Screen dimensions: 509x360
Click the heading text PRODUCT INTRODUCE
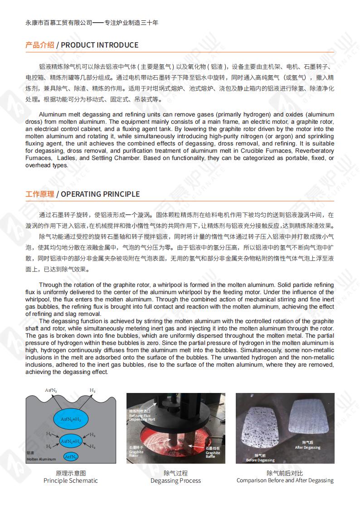click(99, 45)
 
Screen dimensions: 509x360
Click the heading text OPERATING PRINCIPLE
click(100, 194)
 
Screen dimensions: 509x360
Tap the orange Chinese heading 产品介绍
click(39, 45)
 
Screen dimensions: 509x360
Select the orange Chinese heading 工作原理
click(39, 194)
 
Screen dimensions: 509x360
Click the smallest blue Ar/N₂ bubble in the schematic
click(70, 456)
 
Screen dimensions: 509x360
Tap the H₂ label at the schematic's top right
click(92, 390)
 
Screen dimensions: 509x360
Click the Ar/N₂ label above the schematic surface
click(51, 390)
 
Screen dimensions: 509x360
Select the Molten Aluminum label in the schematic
click(41, 459)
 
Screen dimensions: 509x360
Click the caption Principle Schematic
click(70, 480)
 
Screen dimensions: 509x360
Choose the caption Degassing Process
click(175, 480)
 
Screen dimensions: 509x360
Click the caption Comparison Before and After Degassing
click(285, 480)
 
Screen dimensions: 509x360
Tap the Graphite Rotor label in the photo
click(136, 452)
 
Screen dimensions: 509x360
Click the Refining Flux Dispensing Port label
click(143, 415)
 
